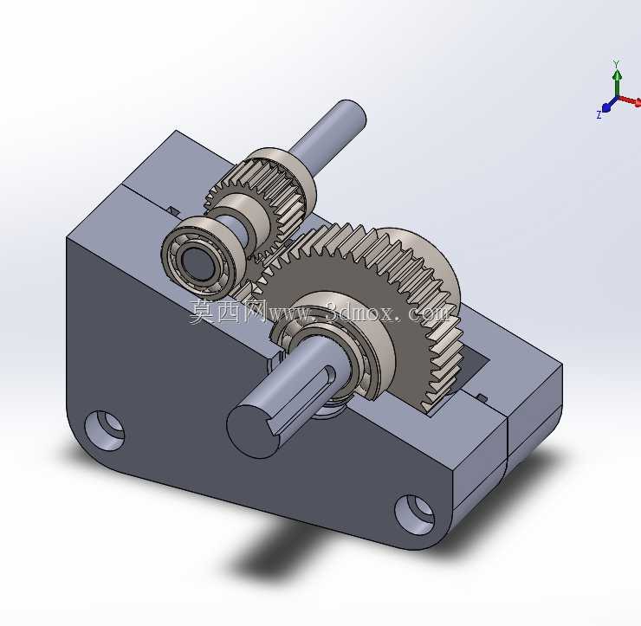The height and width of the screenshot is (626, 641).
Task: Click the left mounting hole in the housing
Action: [x=104, y=430]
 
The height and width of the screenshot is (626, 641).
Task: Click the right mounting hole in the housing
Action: [x=415, y=515]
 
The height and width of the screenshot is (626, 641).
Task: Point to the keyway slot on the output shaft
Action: [x=301, y=397]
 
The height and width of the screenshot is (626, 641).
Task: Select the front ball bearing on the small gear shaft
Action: [x=204, y=255]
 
